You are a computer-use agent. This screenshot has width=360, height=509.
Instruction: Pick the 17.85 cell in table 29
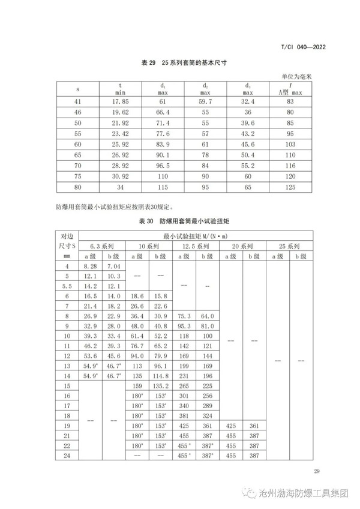click(x=121, y=101)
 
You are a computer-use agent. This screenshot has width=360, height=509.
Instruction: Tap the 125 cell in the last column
click(x=290, y=188)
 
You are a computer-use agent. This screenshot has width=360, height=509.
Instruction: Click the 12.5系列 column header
click(x=193, y=247)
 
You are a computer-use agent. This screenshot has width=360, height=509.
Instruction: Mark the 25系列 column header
click(x=290, y=247)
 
